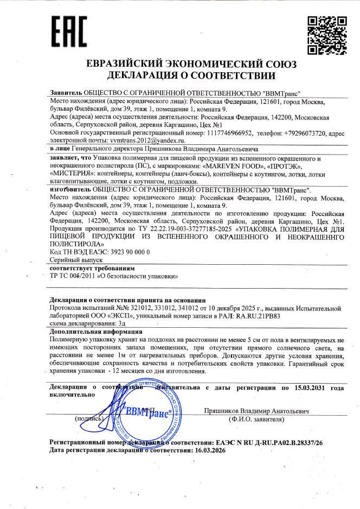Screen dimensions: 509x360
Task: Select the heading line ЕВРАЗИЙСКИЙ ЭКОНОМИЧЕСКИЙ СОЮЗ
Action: (x=191, y=63)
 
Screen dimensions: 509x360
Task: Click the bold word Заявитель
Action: (x=66, y=93)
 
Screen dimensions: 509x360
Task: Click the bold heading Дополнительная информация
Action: (x=96, y=330)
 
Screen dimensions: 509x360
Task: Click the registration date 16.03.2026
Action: (x=211, y=450)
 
